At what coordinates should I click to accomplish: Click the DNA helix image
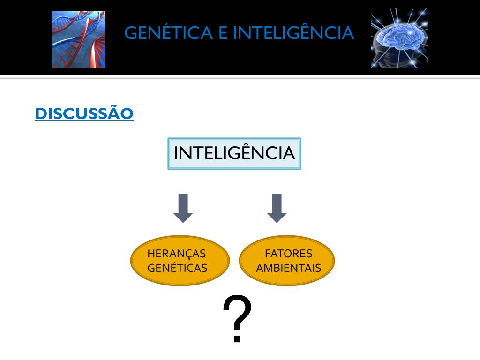pos(78,40)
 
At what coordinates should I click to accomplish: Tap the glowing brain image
pos(399,38)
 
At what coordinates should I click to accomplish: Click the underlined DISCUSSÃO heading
pos(84,113)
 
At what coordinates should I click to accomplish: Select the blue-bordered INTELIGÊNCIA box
pos(234,154)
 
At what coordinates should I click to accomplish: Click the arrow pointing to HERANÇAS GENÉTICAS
pos(183,208)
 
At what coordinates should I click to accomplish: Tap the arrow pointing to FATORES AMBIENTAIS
pos(277,208)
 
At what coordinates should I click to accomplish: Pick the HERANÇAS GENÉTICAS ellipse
pos(180,261)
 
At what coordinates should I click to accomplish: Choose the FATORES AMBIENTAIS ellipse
pos(287,261)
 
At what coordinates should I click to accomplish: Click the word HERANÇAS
pos(177,254)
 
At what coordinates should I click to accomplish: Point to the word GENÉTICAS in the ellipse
pos(177,268)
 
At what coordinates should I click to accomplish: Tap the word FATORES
pos(288,254)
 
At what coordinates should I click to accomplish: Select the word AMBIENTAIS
pos(289,268)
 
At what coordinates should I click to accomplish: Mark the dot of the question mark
pos(237,338)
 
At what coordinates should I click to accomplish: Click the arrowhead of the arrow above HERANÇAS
pos(183,216)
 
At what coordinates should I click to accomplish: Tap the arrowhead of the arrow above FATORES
pos(277,216)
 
